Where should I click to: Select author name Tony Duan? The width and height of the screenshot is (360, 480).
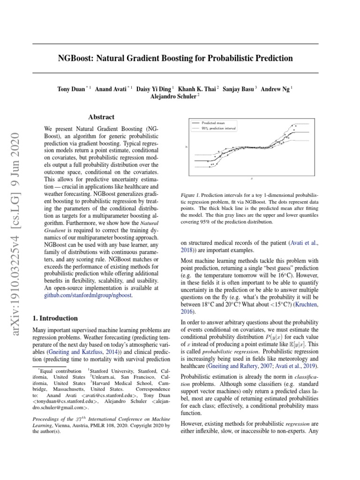(x=72, y=89)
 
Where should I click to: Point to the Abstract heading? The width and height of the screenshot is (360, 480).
(x=101, y=117)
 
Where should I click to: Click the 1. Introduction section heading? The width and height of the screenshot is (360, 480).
(x=55, y=318)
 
